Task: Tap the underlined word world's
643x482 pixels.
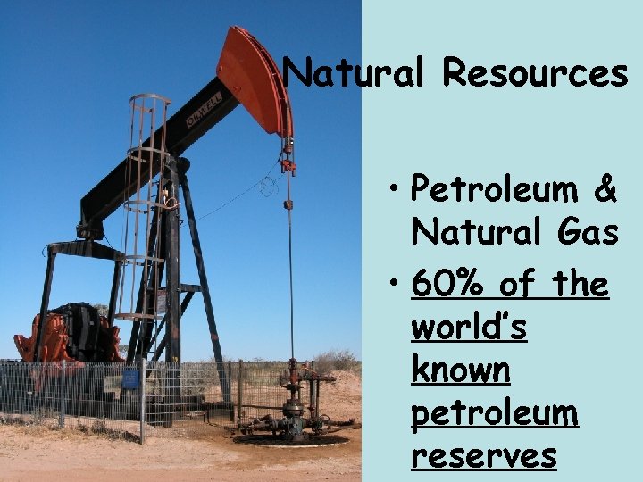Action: point(468,328)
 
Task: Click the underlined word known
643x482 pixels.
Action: point(461,370)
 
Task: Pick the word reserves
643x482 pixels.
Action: point(483,456)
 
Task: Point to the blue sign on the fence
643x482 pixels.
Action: point(130,378)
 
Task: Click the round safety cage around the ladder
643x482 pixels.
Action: point(148,205)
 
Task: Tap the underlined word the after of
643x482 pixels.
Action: point(580,286)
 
